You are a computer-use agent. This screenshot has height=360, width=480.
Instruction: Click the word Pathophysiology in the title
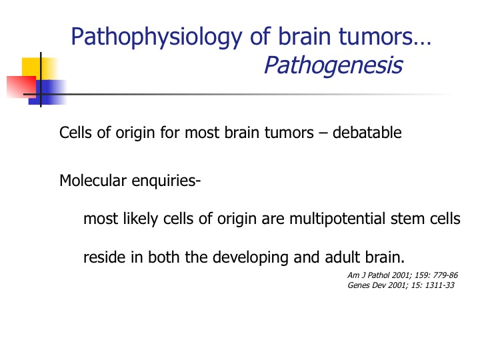click(x=157, y=37)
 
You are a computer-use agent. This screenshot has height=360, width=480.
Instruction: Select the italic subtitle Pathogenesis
click(x=333, y=65)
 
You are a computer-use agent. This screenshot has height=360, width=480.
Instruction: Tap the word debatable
click(x=367, y=133)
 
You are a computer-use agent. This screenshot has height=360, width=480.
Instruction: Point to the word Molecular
click(x=93, y=180)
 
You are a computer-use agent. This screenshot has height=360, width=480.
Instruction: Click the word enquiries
click(x=166, y=181)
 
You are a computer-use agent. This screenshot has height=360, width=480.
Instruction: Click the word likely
click(x=141, y=219)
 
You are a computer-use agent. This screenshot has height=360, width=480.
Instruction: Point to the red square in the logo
click(x=21, y=87)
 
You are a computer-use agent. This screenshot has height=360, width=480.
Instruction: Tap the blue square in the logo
click(x=48, y=93)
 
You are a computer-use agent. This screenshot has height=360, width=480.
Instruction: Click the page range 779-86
click(x=446, y=275)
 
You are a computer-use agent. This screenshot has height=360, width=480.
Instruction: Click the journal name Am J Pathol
click(x=369, y=275)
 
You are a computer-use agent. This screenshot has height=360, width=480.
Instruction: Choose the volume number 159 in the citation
click(x=422, y=275)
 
